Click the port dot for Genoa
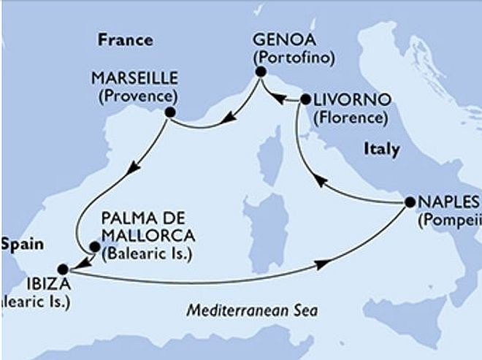coord(259,72)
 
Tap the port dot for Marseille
coord(170,112)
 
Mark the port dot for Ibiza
coord(64,267)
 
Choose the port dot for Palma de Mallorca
coord(93,246)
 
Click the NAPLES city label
coord(445,202)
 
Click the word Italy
coord(381,150)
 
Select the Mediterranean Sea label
coord(252,310)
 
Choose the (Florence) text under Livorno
coord(349,117)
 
